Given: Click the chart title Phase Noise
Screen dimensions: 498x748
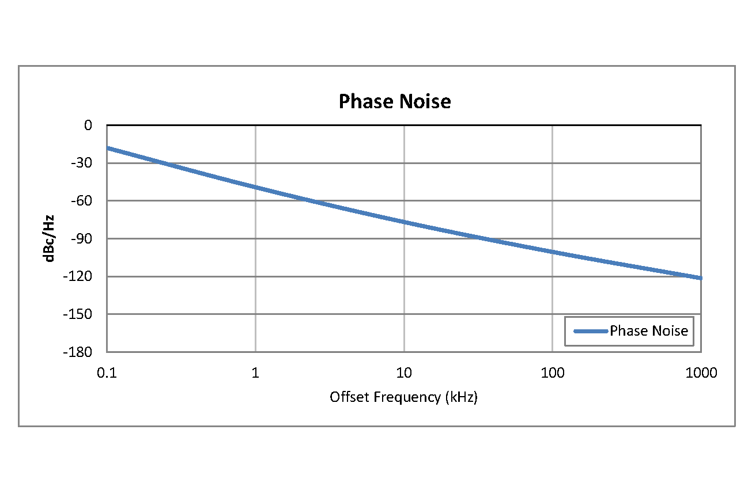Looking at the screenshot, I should pyautogui.click(x=395, y=101).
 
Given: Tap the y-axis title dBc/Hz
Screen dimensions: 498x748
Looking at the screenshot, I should pyautogui.click(x=50, y=238).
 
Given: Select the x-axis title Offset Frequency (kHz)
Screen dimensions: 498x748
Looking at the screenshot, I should pyautogui.click(x=403, y=397).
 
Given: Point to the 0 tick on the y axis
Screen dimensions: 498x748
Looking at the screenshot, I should pyautogui.click(x=88, y=125).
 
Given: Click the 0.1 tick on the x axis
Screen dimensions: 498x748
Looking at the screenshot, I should pyautogui.click(x=107, y=373).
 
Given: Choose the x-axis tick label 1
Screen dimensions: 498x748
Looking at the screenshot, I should pyautogui.click(x=255, y=373).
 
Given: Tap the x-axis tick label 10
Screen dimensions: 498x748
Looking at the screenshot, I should pyautogui.click(x=404, y=373).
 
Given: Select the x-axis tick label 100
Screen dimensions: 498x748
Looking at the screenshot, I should pyautogui.click(x=553, y=373).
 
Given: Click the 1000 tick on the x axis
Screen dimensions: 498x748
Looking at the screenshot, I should pyautogui.click(x=701, y=373).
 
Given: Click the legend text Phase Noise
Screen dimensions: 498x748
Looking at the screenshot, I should pyautogui.click(x=649, y=331).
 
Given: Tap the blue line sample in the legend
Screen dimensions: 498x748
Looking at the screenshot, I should pyautogui.click(x=591, y=331).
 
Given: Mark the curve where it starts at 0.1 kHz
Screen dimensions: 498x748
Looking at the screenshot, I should pyautogui.click(x=107, y=148).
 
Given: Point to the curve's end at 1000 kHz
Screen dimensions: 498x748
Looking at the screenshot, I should pyautogui.click(x=701, y=278).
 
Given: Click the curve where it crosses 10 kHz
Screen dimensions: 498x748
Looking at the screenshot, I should pyautogui.click(x=404, y=222).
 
